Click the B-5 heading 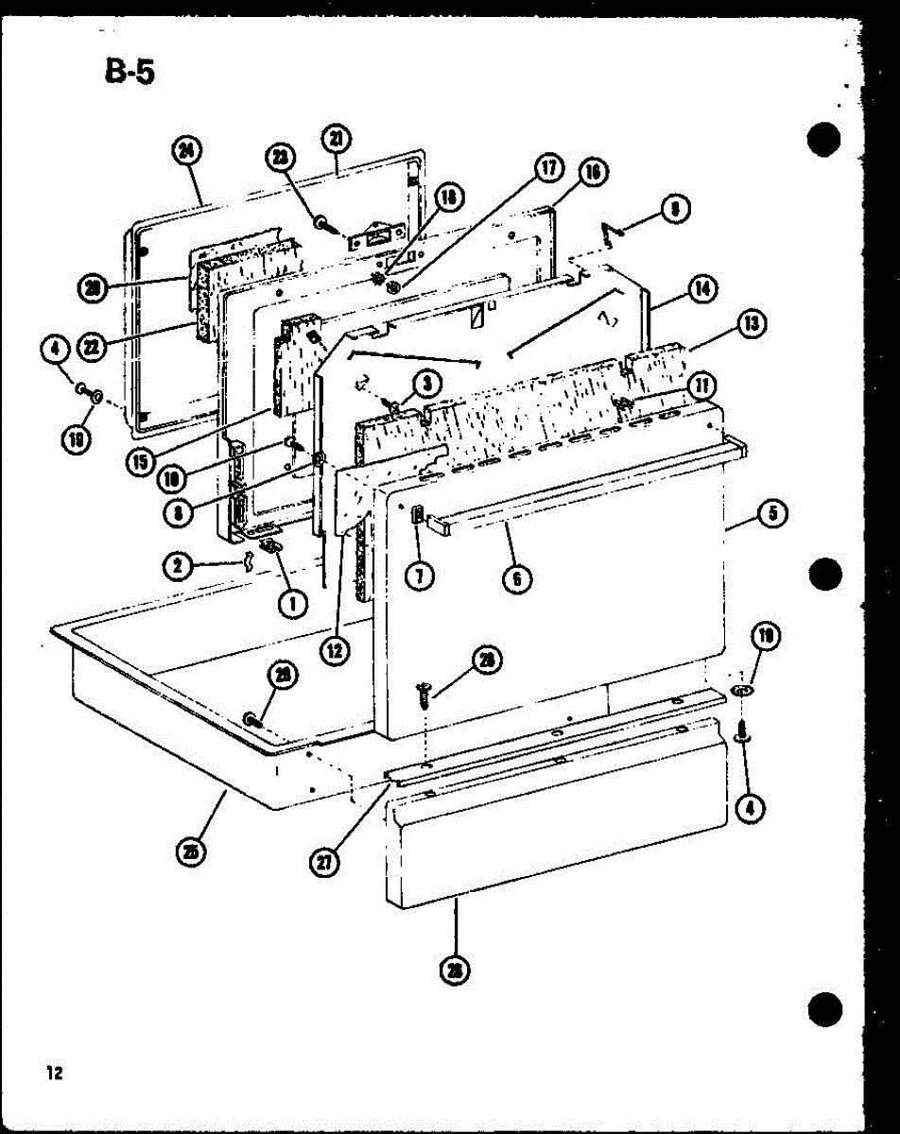[x=129, y=70]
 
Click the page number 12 [x=53, y=1072]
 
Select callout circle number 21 [x=336, y=140]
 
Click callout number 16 [x=592, y=172]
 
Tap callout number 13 [x=752, y=325]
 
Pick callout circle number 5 [x=772, y=516]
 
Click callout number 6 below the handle [x=516, y=576]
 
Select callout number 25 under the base [x=193, y=852]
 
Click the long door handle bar [x=586, y=481]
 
